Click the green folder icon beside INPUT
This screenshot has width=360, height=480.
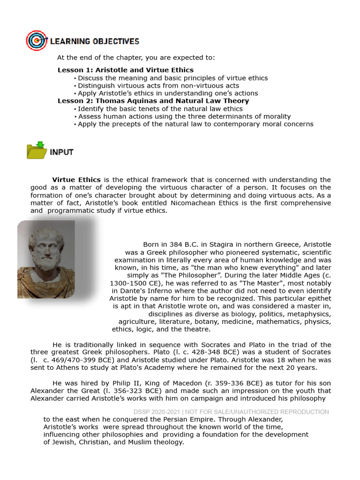(37, 150)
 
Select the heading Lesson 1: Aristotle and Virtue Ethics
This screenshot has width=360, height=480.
(125, 70)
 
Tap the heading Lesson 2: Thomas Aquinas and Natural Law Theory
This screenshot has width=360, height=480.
(153, 101)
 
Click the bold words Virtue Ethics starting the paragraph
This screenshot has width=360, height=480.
(76, 180)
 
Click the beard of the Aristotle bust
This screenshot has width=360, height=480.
(46, 262)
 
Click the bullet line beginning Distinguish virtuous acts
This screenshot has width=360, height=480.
(158, 85)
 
